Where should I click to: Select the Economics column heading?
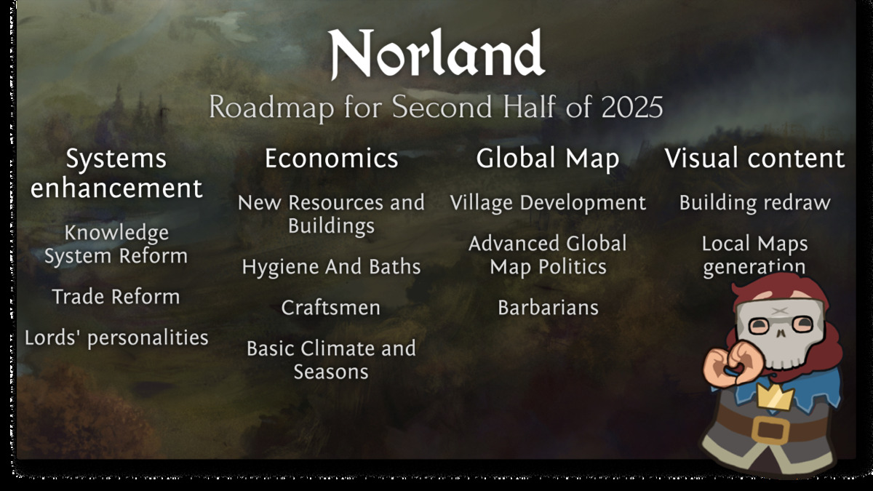pos(332,159)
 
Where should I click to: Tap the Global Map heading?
pos(548,159)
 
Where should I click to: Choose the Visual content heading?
pos(755,159)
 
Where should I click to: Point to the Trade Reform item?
pos(116,297)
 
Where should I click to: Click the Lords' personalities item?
pos(116,338)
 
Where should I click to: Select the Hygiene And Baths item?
pos(331,268)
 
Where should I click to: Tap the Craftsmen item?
pos(331,308)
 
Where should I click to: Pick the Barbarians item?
pos(548,308)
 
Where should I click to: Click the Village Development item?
pos(548,203)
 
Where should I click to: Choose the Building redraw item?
pos(755,203)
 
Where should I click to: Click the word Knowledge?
pos(116,233)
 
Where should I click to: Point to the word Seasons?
pos(331,372)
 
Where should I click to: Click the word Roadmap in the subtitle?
pos(271,107)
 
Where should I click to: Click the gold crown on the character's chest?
pos(776,396)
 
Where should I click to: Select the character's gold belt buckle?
pos(770,431)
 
